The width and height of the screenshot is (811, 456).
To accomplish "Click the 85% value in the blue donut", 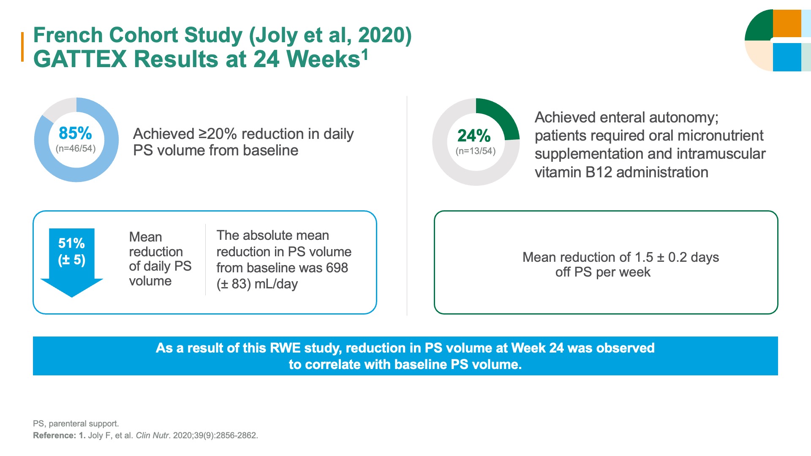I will tap(75, 133).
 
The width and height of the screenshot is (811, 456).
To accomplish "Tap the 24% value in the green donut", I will tap(474, 136).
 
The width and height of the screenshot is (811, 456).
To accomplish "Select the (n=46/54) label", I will tap(76, 149).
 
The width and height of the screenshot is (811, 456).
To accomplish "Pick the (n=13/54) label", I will tap(476, 151).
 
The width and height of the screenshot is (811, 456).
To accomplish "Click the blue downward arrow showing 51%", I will tap(72, 262).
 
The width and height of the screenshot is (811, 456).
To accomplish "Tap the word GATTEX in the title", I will tap(80, 59).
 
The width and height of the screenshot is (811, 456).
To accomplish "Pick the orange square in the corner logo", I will tap(787, 24).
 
